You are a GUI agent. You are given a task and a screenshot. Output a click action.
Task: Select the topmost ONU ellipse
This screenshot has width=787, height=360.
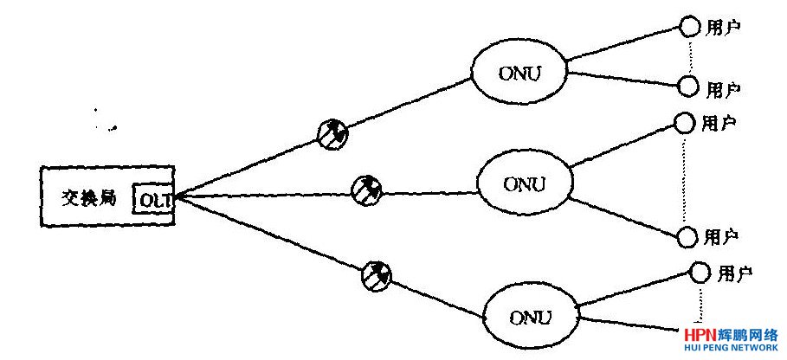(518, 72)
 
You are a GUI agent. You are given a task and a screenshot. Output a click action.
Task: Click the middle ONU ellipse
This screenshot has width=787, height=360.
(525, 184)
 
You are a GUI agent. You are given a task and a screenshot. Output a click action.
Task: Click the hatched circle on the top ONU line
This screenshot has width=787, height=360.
(331, 134)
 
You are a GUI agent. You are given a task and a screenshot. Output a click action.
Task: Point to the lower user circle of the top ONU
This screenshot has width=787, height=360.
(688, 87)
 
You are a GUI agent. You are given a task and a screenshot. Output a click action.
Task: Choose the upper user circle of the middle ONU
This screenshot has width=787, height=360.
(685, 124)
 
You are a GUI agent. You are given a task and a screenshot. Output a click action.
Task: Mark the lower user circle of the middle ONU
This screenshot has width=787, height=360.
(687, 236)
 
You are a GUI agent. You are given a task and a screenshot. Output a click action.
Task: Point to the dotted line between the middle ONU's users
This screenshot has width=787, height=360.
(686, 180)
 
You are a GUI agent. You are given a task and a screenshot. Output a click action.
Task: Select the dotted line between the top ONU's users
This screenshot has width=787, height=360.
(689, 57)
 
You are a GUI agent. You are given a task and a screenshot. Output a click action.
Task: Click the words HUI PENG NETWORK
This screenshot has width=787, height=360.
(731, 349)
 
